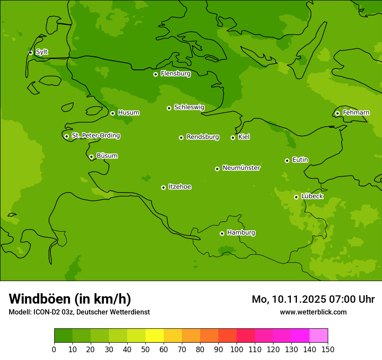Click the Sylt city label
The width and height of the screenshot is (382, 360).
(x=42, y=52)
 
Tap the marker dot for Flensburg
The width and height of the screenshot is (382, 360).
(x=155, y=74)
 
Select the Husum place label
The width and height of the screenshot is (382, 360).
(x=128, y=113)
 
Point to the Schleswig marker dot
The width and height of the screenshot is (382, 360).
(x=169, y=108)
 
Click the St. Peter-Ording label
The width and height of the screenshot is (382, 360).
(x=96, y=136)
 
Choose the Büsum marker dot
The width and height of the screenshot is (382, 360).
(x=91, y=157)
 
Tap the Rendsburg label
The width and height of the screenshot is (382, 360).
(x=203, y=137)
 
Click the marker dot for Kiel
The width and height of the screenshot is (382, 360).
(x=233, y=137)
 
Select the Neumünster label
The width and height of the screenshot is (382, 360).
(x=241, y=168)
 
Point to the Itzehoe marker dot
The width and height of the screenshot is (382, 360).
(x=163, y=187)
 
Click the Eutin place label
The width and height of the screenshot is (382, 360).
(x=300, y=160)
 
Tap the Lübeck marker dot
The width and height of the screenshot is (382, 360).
(x=296, y=197)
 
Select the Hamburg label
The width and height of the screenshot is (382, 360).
(x=241, y=233)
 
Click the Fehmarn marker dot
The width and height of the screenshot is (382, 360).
(x=337, y=113)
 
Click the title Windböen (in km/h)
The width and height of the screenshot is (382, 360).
(x=70, y=299)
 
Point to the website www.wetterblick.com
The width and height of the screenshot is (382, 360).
(x=313, y=312)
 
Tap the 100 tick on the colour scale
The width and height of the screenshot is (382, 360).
(x=237, y=349)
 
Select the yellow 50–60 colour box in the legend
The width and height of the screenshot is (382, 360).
(x=155, y=336)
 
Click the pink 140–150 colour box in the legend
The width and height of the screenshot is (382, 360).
(x=319, y=336)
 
